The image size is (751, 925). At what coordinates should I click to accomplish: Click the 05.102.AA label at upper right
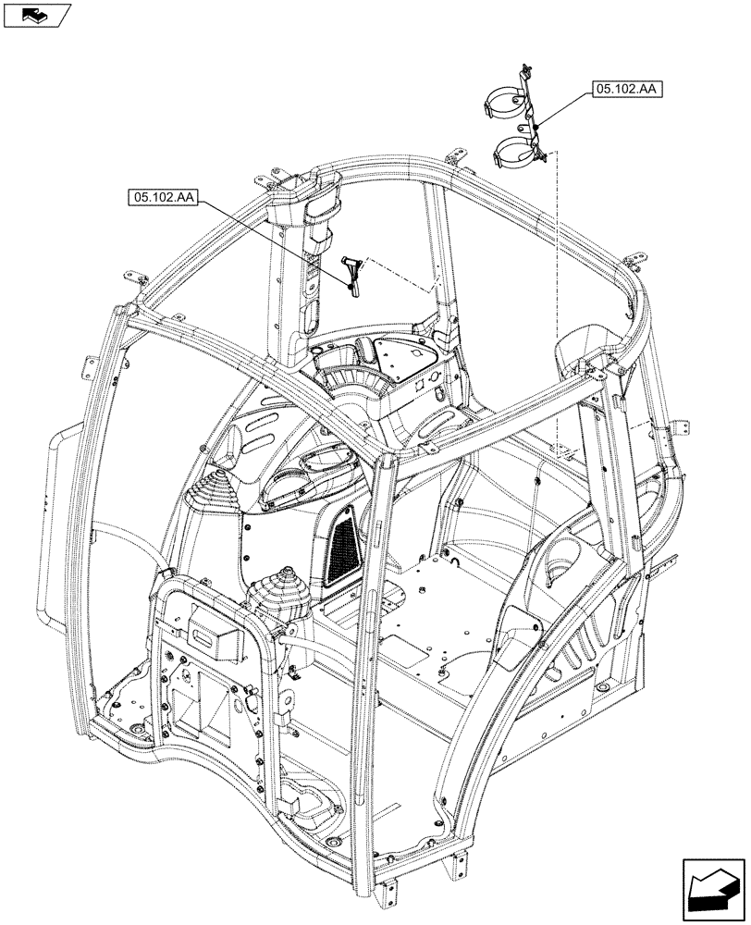pyautogui.click(x=625, y=90)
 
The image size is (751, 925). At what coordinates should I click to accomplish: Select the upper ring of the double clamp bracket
pyautogui.click(x=507, y=101)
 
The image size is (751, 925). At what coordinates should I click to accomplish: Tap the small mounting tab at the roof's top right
pyautogui.click(x=636, y=260)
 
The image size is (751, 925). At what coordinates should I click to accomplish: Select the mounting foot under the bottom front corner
pyautogui.click(x=452, y=865)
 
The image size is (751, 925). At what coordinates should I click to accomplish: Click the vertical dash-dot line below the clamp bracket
pyautogui.click(x=557, y=296)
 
